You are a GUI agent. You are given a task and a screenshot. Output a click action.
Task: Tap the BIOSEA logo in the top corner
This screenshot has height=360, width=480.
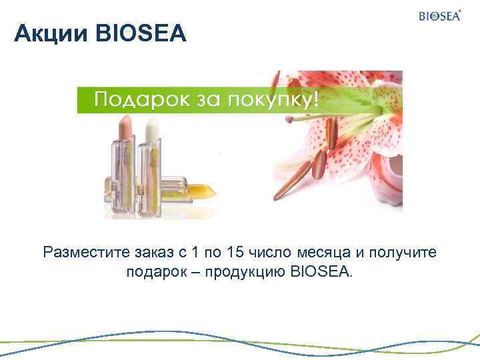coord(439,16)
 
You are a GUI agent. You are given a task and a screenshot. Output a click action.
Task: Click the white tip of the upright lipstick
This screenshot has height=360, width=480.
coord(153,127)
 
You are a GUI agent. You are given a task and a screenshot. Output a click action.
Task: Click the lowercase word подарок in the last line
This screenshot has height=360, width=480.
coord(153,272)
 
